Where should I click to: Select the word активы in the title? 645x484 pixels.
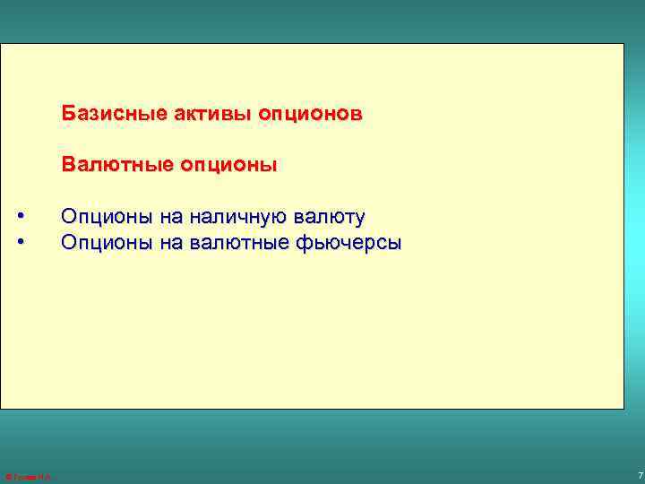pos(200,115)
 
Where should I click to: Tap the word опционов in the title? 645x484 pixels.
pos(310,115)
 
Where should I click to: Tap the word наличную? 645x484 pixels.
pos(228,217)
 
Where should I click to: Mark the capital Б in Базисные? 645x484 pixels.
pos(67,115)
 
